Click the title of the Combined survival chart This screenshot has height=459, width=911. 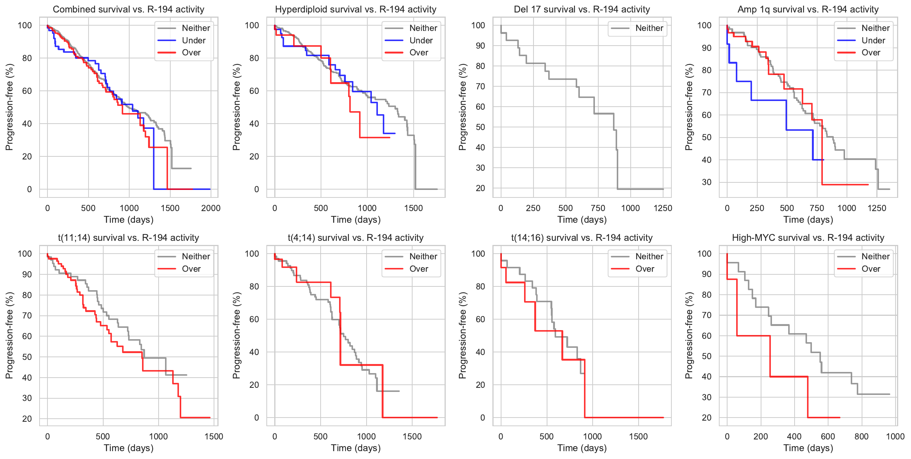pyautogui.click(x=128, y=9)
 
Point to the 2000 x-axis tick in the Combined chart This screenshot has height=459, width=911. pyautogui.click(x=211, y=208)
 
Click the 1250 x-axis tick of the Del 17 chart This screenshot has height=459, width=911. pyautogui.click(x=663, y=208)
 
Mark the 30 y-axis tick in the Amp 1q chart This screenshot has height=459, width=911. pyautogui.click(x=706, y=182)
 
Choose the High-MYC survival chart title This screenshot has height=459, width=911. pyautogui.click(x=808, y=238)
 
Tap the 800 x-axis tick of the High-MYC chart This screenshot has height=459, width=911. pyautogui.click(x=861, y=436)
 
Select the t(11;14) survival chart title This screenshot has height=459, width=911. pyautogui.click(x=128, y=238)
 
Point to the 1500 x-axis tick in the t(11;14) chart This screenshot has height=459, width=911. pyautogui.click(x=214, y=436)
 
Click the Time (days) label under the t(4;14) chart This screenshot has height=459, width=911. pyautogui.click(x=356, y=448)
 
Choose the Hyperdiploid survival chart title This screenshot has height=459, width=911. pyautogui.click(x=356, y=9)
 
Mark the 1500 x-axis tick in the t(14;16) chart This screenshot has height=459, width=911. pyautogui.click(x=638, y=436)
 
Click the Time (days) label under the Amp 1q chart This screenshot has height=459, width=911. pyautogui.click(x=808, y=220)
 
